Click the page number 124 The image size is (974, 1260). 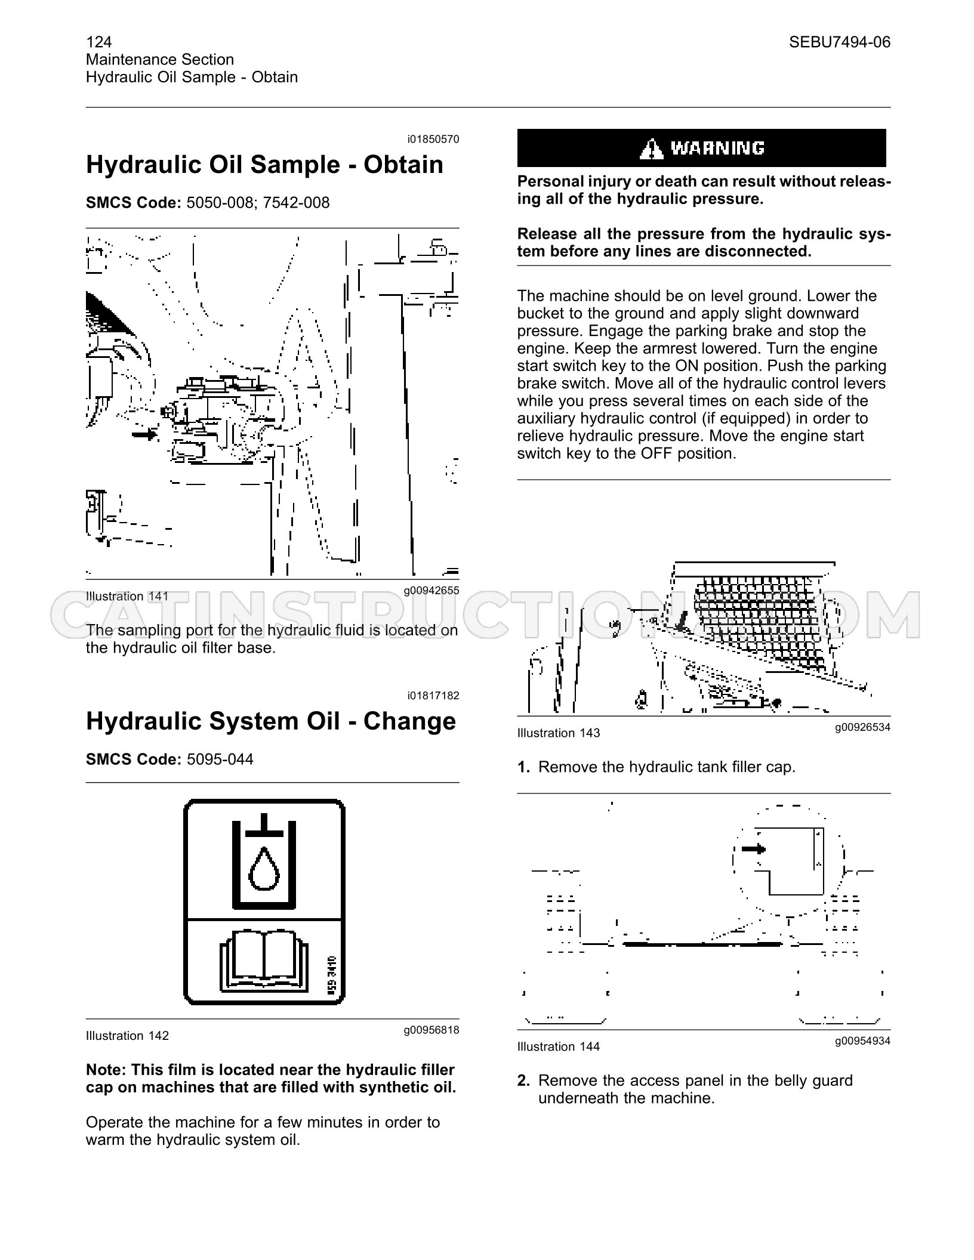pyautogui.click(x=99, y=42)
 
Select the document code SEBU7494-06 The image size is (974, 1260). pyautogui.click(x=839, y=42)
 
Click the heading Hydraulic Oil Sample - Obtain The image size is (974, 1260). pyautogui.click(x=264, y=165)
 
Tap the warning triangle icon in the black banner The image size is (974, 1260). pyautogui.click(x=651, y=148)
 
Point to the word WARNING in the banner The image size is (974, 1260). pyautogui.click(x=717, y=148)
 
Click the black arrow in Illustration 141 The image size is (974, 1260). pyautogui.click(x=144, y=434)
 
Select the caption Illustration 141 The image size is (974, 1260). pyautogui.click(x=127, y=596)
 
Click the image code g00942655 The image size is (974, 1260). pyautogui.click(x=431, y=591)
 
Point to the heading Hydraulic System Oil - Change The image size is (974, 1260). pyautogui.click(x=271, y=721)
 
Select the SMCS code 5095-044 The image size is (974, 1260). pyautogui.click(x=220, y=759)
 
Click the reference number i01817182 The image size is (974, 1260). pyautogui.click(x=434, y=696)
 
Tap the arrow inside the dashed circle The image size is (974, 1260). pyautogui.click(x=753, y=849)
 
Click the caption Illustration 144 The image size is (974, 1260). pyautogui.click(x=559, y=1046)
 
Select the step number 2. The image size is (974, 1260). pyautogui.click(x=523, y=1080)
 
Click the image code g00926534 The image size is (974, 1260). pyautogui.click(x=862, y=727)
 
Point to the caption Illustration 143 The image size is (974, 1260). pyautogui.click(x=559, y=733)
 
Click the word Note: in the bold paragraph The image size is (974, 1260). pyautogui.click(x=106, y=1070)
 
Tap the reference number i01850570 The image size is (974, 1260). pyautogui.click(x=434, y=140)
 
